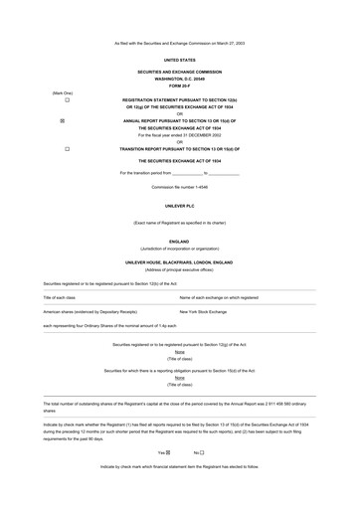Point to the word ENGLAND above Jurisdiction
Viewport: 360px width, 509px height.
[x=179, y=241]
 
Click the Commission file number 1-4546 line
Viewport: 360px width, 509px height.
[x=179, y=186]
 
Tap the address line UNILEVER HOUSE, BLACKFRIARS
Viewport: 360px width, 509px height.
[x=179, y=261]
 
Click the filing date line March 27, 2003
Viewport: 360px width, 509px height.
[x=179, y=43]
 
